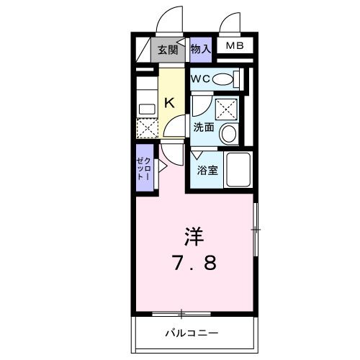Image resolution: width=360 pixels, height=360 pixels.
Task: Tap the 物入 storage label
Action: [201, 48]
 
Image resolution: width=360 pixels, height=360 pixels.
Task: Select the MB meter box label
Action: [235, 47]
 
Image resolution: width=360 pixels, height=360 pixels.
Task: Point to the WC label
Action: [199, 79]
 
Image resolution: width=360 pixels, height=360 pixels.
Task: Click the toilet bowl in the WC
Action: [225, 79]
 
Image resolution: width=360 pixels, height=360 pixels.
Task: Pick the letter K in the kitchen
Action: [170, 103]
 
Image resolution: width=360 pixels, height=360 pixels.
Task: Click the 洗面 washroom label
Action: [203, 127]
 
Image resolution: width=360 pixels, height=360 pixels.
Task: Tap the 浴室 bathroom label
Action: [207, 171]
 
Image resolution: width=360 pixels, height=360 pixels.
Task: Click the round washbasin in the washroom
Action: [228, 133]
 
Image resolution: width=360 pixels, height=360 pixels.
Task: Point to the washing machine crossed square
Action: [228, 108]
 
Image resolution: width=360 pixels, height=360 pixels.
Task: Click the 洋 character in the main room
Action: [193, 235]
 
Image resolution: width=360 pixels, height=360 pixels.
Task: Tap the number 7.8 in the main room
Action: [192, 263]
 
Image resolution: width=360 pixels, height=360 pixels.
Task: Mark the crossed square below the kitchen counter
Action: [147, 129]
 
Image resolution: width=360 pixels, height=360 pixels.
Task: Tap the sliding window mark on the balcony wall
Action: [181, 313]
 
